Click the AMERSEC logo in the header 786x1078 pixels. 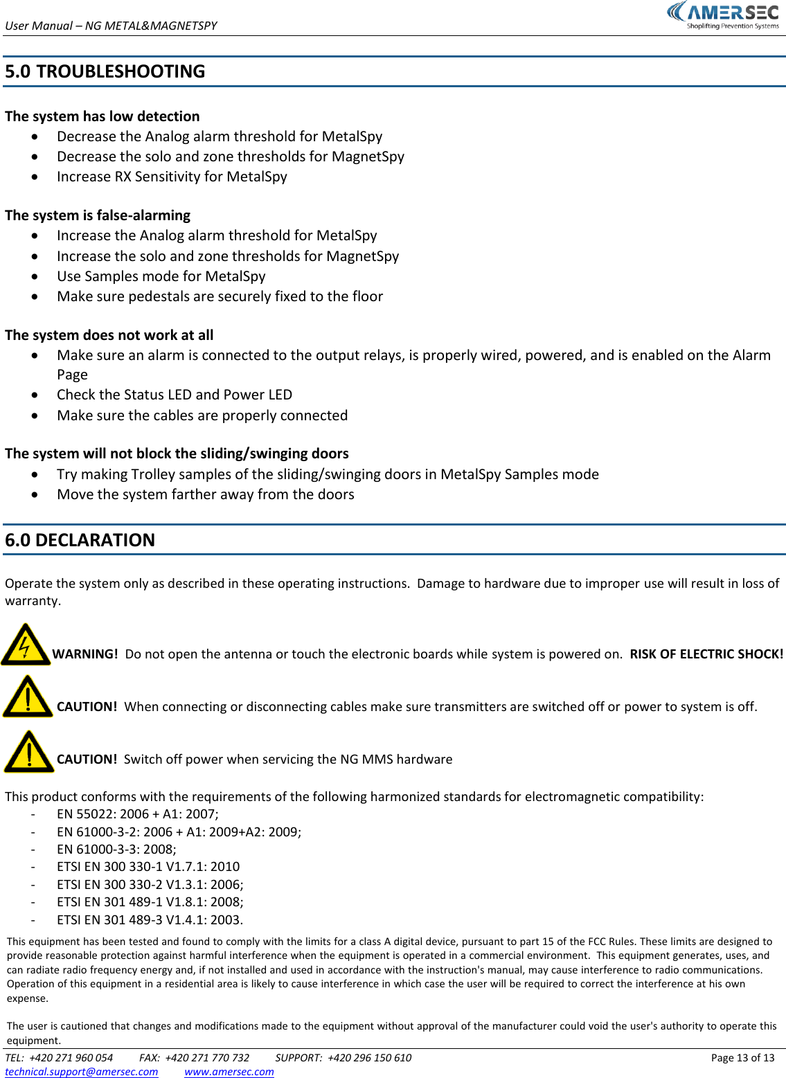click(x=723, y=15)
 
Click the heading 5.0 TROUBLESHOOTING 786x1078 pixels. click(x=105, y=71)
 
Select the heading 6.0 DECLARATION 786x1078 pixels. click(x=80, y=540)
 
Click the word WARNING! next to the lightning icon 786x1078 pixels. click(x=85, y=654)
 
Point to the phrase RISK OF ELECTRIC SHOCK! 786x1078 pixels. click(x=706, y=654)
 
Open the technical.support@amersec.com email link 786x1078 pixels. click(x=82, y=1071)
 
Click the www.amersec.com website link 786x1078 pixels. click(x=229, y=1071)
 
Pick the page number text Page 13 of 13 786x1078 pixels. click(x=742, y=1057)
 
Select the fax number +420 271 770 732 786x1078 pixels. click(x=207, y=1057)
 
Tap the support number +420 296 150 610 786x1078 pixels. click(x=369, y=1057)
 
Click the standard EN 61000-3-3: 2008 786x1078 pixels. click(x=116, y=849)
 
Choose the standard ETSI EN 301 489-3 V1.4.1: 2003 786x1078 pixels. click(x=150, y=919)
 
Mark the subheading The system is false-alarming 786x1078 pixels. click(x=98, y=215)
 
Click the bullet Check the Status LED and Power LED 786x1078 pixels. click(x=175, y=395)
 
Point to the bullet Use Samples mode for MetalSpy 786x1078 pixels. click(x=161, y=276)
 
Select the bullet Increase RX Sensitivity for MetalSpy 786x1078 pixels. click(x=172, y=177)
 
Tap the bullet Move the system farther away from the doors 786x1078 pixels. click(x=206, y=494)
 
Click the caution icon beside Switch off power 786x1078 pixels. click(x=28, y=753)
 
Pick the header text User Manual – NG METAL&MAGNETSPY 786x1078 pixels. click(x=111, y=26)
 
